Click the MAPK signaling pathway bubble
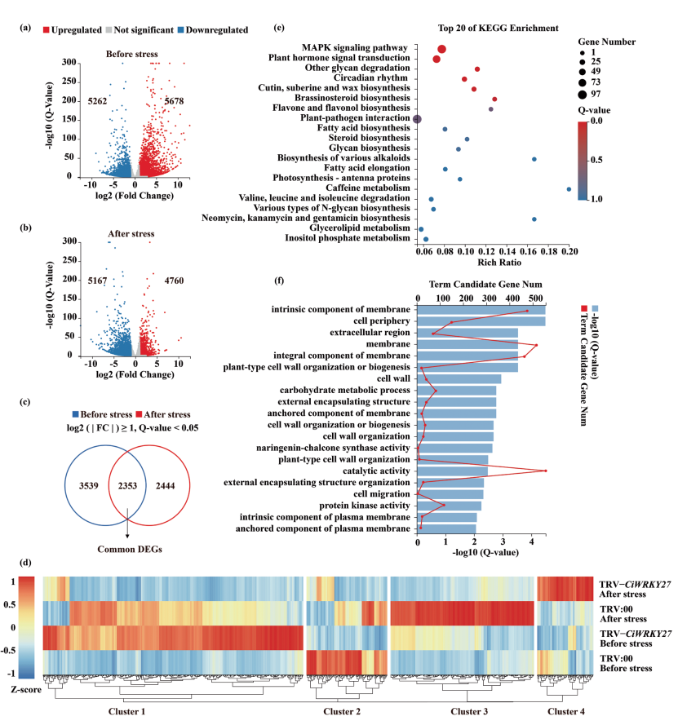coord(441,50)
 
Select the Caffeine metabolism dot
coord(569,189)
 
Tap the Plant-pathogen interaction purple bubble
coord(417,119)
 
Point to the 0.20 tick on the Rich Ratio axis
coord(569,251)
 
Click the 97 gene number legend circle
coord(585,95)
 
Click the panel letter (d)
coord(26,562)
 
